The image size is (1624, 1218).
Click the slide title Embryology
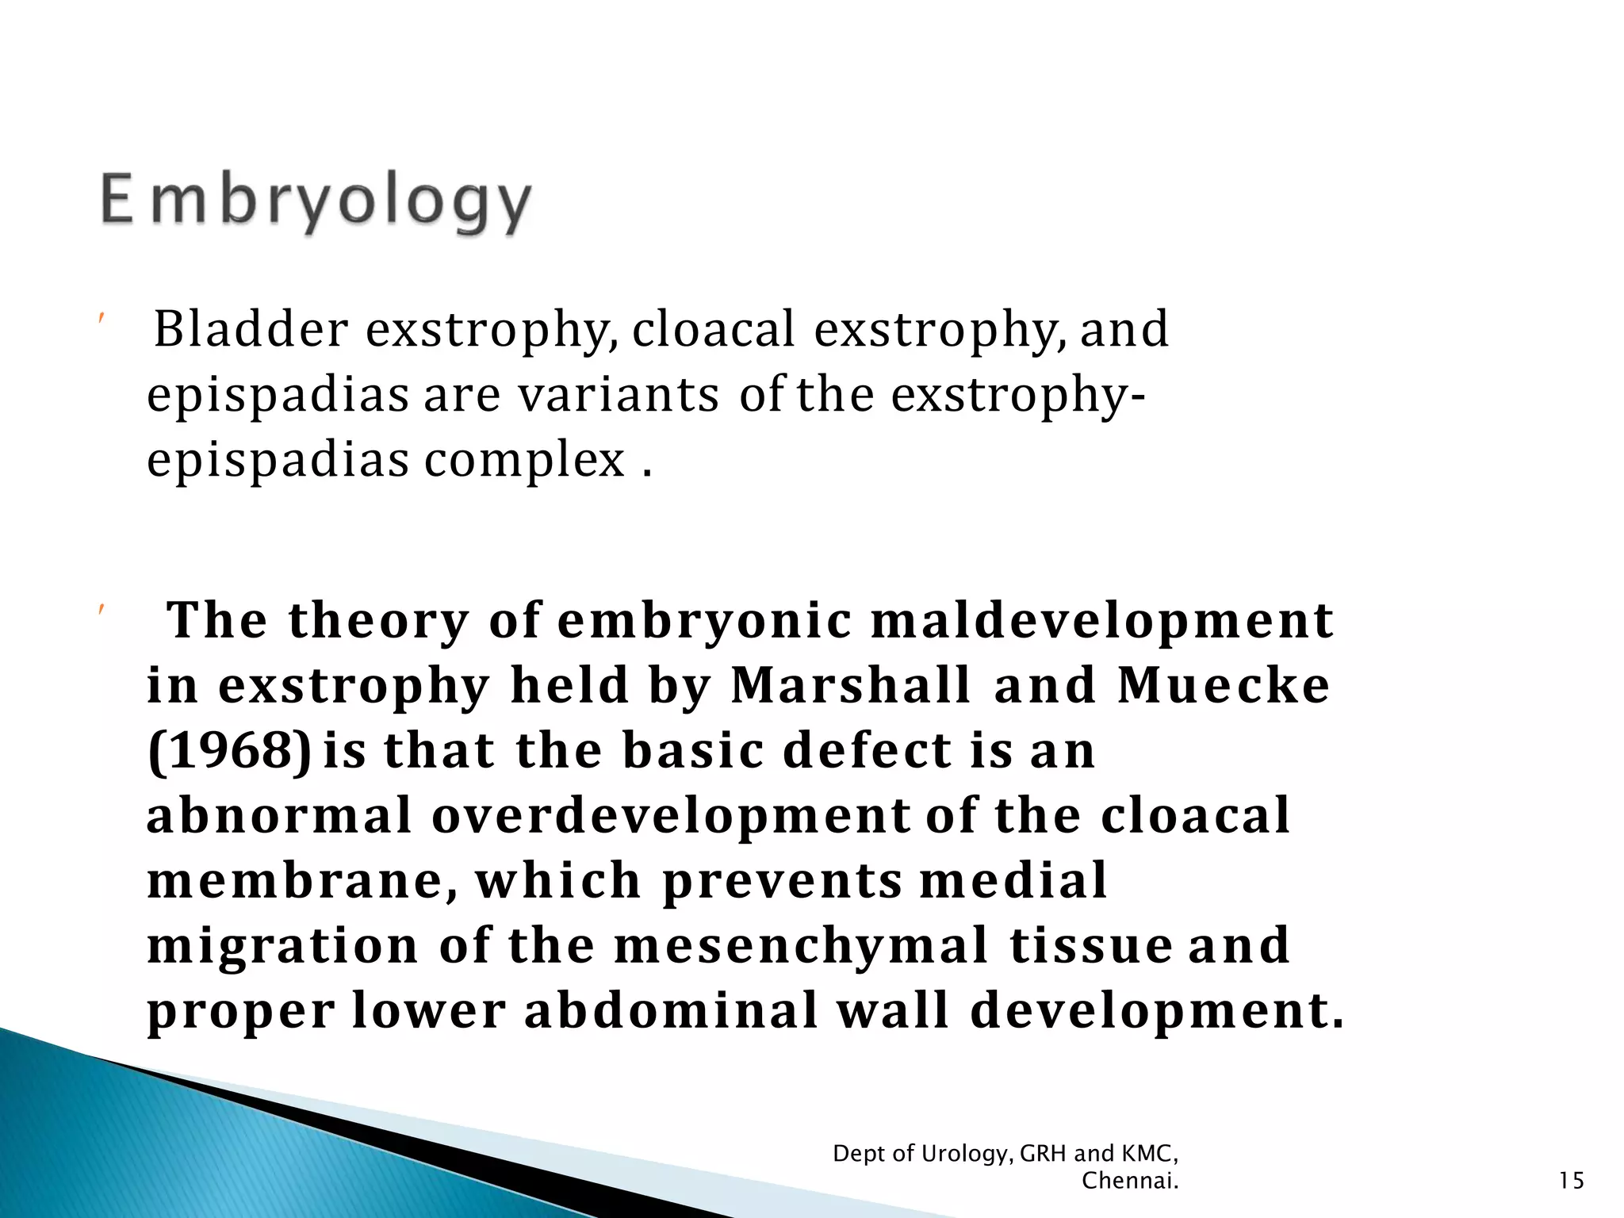click(x=316, y=203)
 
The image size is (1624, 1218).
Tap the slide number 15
click(x=1571, y=1181)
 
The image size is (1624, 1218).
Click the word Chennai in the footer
click(x=1128, y=1181)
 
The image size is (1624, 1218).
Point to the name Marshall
click(x=850, y=685)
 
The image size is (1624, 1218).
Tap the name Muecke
click(x=1223, y=685)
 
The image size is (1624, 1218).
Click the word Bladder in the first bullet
click(x=251, y=329)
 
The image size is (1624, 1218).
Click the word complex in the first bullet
click(x=524, y=460)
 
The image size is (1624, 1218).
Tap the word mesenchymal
click(x=801, y=945)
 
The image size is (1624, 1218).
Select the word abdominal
click(x=671, y=1010)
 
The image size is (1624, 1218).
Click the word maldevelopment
click(x=1102, y=620)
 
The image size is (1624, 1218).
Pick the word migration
click(x=282, y=945)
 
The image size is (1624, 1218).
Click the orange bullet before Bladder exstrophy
click(x=101, y=319)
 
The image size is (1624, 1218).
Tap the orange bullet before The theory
click(x=101, y=610)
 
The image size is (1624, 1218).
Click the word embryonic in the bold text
click(x=704, y=620)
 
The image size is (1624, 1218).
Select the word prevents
click(x=781, y=880)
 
